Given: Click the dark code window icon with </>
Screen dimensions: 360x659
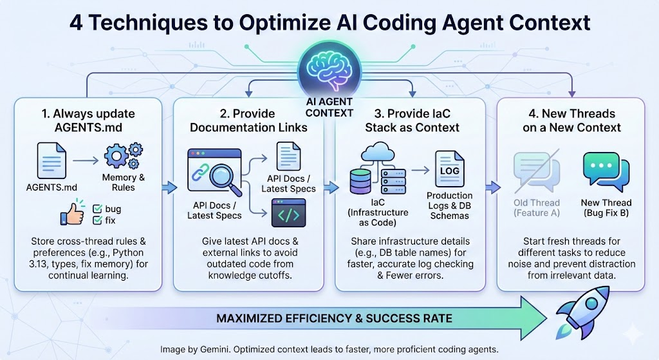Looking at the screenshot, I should point(288,213).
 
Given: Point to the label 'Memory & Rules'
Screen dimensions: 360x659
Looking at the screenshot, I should point(118,182).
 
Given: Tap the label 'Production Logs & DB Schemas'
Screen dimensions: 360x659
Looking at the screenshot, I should point(449,205).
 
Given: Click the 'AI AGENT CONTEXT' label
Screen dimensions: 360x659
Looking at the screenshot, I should point(329,107).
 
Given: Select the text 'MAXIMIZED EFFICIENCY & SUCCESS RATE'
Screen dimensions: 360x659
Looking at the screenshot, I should point(335,318).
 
